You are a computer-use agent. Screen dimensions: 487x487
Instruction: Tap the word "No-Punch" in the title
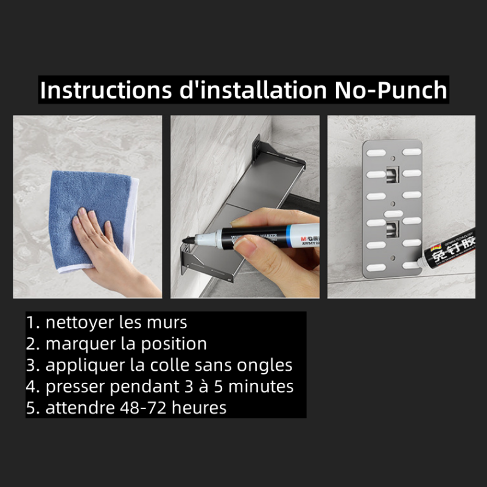(x=391, y=90)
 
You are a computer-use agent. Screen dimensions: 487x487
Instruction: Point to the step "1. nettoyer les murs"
(x=107, y=322)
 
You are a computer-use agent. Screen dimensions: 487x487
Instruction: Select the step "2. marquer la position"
(x=116, y=343)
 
